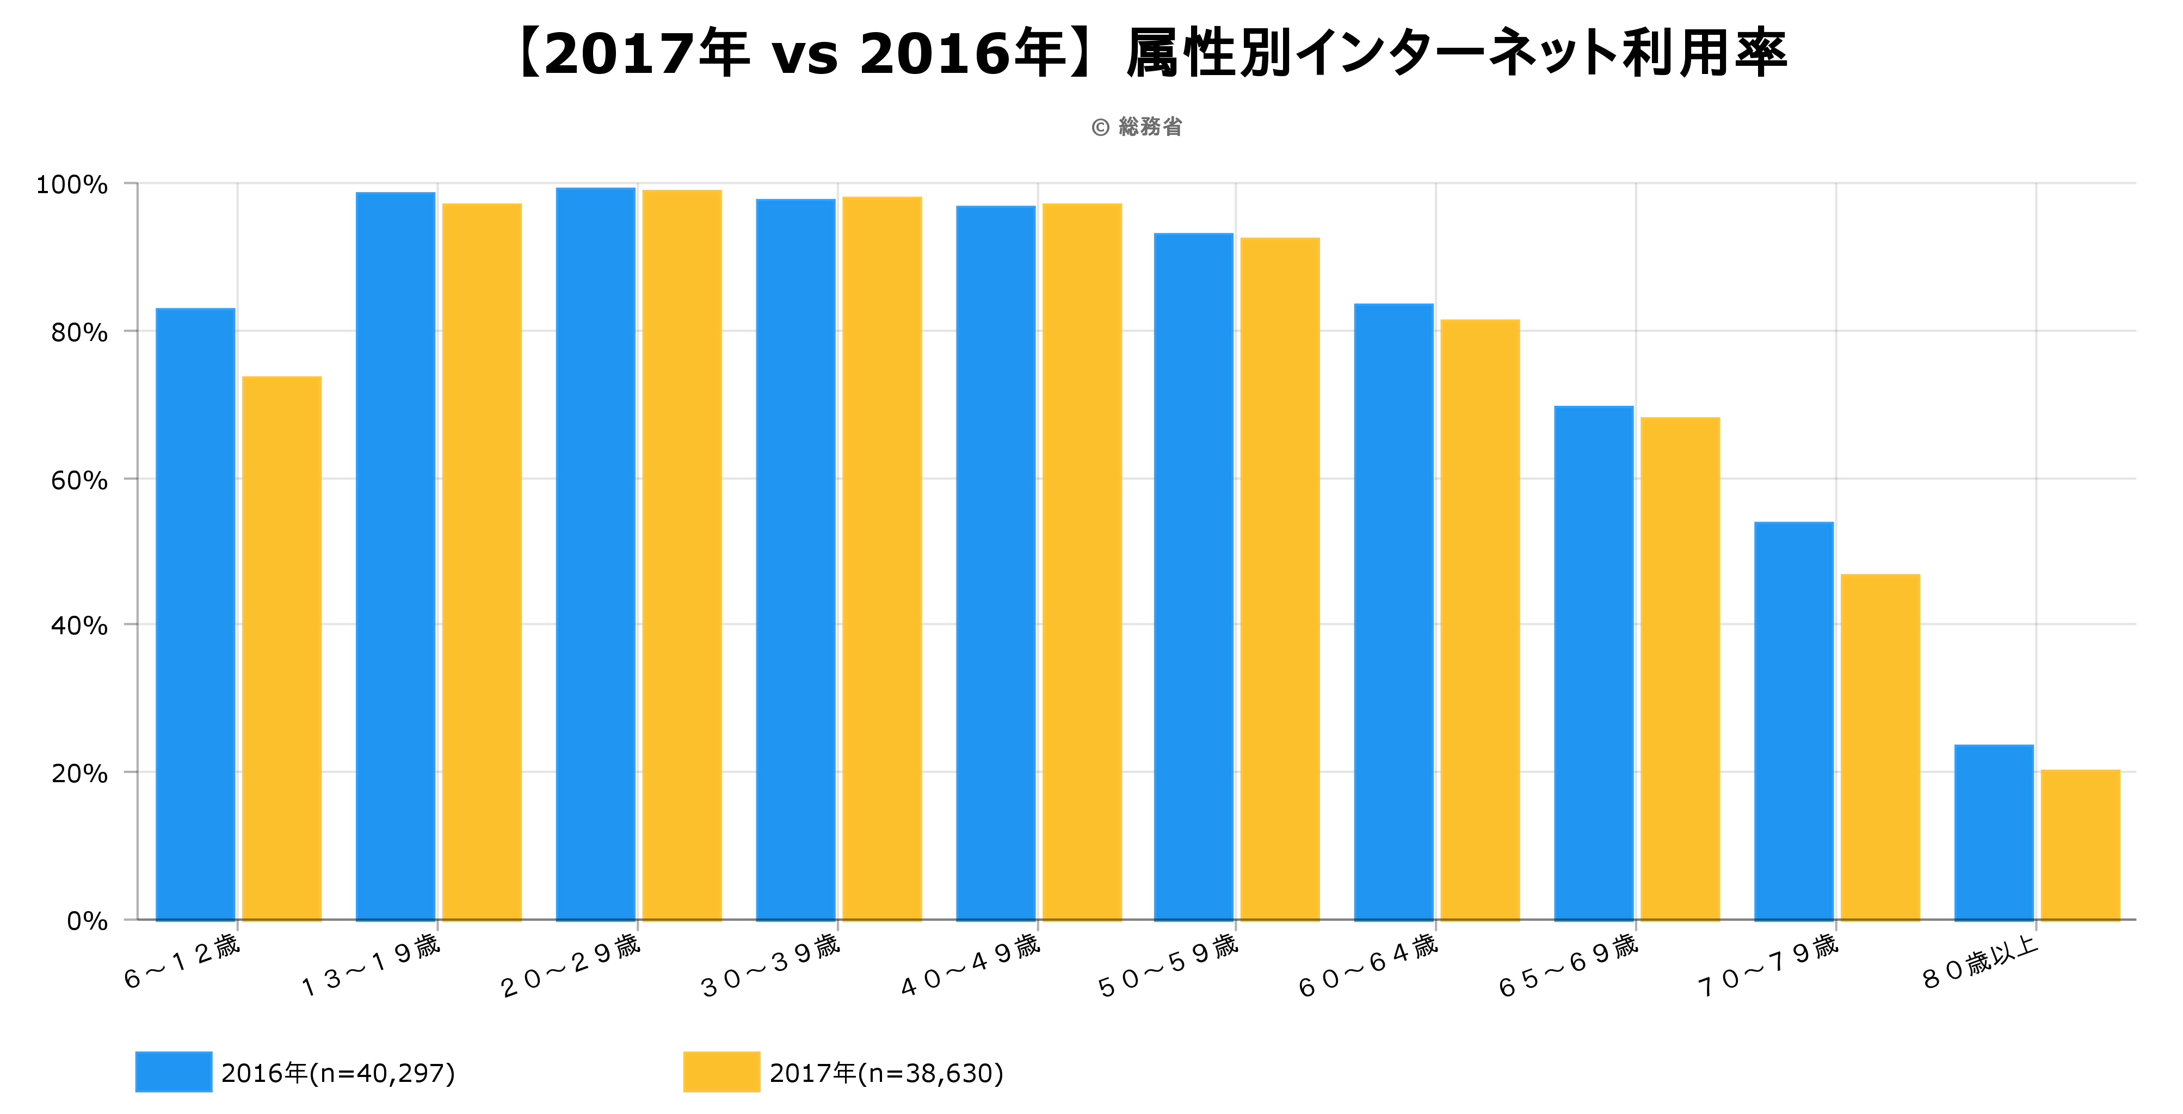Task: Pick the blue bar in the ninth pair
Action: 1793,720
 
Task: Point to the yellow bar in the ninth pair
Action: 1879,746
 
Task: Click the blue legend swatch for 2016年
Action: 173,1072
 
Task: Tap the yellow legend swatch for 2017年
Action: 720,1072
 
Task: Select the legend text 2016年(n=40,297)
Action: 338,1073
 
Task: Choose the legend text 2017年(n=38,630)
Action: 886,1073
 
